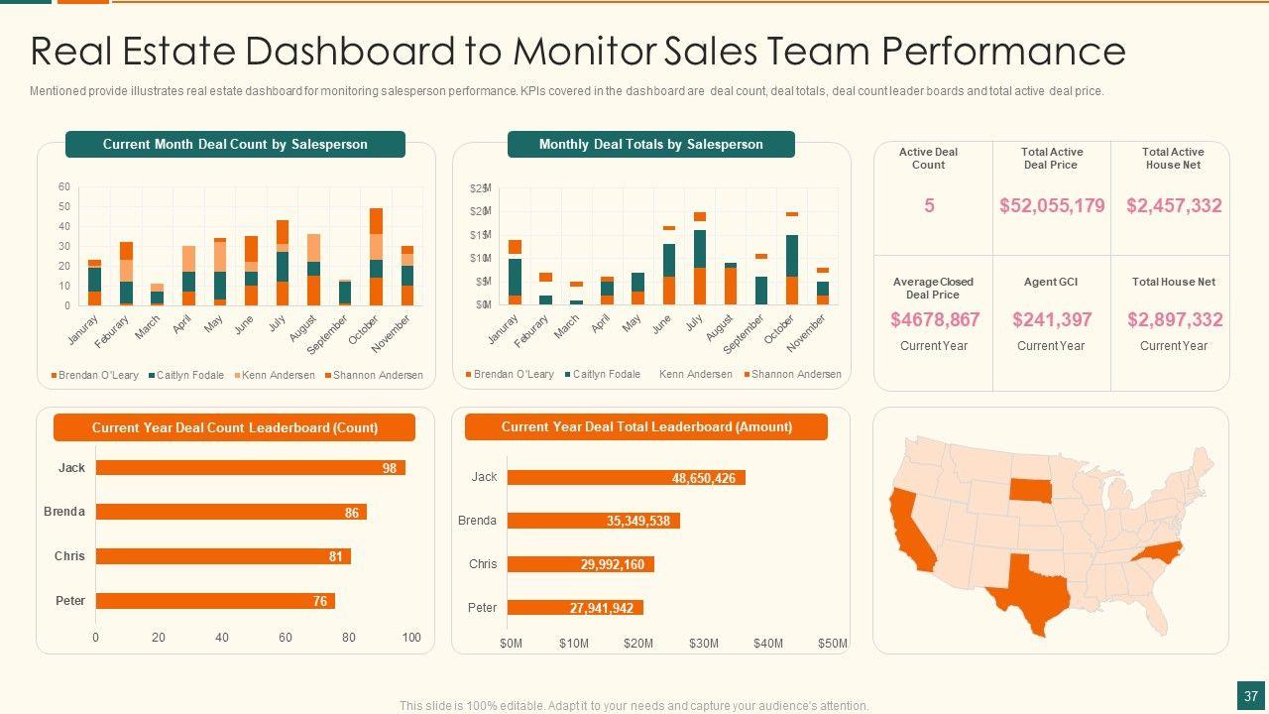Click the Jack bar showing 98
point(250,468)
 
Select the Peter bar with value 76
point(215,601)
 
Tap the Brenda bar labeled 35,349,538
point(593,521)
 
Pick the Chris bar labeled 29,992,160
point(580,564)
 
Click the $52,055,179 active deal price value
point(1052,206)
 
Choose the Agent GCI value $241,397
point(1052,319)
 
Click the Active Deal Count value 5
point(929,206)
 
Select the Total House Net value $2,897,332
point(1175,319)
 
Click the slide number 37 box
point(1251,695)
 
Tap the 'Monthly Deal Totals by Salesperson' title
point(651,145)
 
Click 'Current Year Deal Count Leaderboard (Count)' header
point(235,428)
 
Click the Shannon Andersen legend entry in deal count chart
point(375,376)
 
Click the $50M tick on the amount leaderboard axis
point(833,644)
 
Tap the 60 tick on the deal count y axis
point(64,186)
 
